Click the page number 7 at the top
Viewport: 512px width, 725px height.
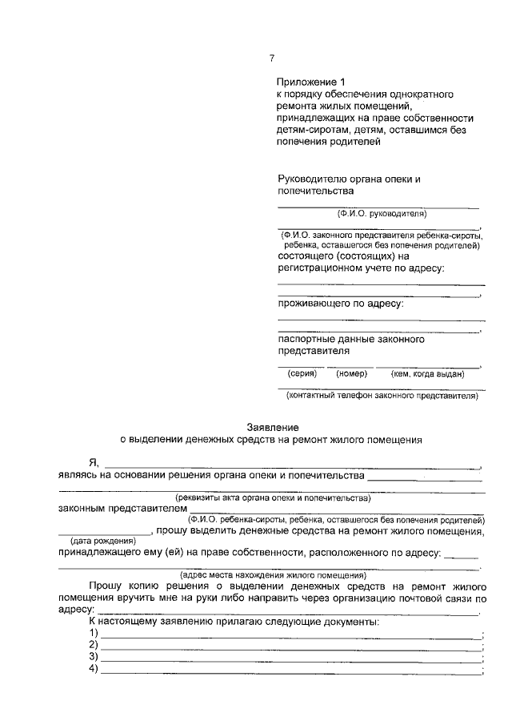(x=272, y=58)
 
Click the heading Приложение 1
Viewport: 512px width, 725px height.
(x=314, y=82)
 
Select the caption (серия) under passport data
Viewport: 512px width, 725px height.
(x=302, y=373)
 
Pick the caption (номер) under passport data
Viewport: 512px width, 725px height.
(x=351, y=373)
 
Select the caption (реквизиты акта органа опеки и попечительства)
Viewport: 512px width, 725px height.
(x=274, y=497)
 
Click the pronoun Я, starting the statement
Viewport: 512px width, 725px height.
(x=94, y=462)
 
